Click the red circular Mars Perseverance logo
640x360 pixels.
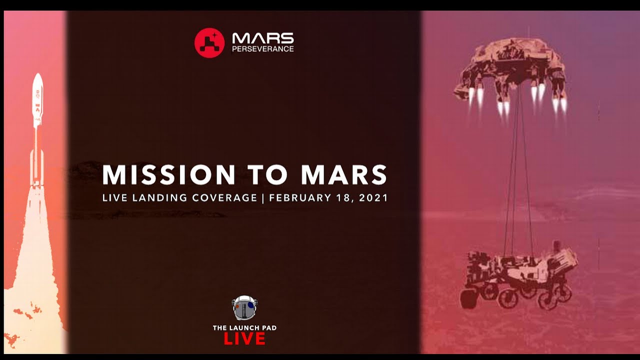click(x=209, y=43)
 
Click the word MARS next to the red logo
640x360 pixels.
click(x=263, y=38)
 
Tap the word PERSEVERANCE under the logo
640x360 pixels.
click(x=263, y=49)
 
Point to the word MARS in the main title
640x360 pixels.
click(x=344, y=174)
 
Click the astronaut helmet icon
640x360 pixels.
click(x=244, y=307)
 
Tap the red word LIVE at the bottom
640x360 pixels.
click(x=244, y=339)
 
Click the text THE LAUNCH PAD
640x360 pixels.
click(x=244, y=328)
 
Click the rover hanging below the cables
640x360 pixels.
click(x=520, y=275)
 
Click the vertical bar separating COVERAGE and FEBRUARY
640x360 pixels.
click(x=263, y=197)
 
